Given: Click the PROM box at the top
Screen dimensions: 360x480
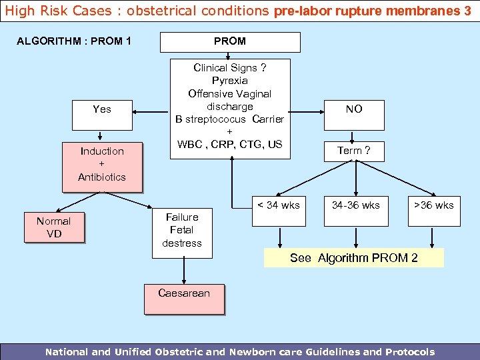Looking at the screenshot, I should point(229,41).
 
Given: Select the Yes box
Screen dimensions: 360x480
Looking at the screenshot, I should point(102,109).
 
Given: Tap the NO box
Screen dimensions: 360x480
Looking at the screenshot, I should point(354,109).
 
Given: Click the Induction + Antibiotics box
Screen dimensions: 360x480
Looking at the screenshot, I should point(102,164).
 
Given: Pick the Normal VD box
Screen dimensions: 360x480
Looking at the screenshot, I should point(53,227).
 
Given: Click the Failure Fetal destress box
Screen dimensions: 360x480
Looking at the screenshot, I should point(182,230).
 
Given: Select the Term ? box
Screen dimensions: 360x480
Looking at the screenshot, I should point(354,151).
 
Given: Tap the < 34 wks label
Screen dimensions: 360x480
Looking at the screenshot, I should point(279,205).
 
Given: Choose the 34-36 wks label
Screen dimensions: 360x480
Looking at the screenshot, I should point(356,205).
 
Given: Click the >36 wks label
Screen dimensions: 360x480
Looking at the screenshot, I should point(433,205).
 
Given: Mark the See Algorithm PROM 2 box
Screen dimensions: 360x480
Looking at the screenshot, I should point(354,258).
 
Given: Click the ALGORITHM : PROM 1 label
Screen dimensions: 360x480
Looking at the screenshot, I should point(74,41).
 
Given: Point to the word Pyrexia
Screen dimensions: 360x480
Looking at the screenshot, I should point(230,81).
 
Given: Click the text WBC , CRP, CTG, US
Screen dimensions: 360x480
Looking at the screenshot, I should point(230,145).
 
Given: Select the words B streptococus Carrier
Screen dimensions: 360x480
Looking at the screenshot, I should point(230,119).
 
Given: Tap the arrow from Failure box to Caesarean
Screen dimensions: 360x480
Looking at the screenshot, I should point(183,271).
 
